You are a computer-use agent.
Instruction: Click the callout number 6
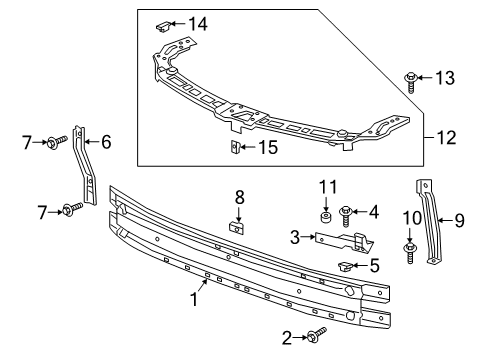point(105,142)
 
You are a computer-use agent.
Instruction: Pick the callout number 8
point(239,196)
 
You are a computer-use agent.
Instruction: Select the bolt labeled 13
point(413,79)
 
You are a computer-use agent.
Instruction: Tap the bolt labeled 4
point(347,213)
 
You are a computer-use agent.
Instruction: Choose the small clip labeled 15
point(235,149)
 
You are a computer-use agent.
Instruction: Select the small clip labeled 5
point(346,265)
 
